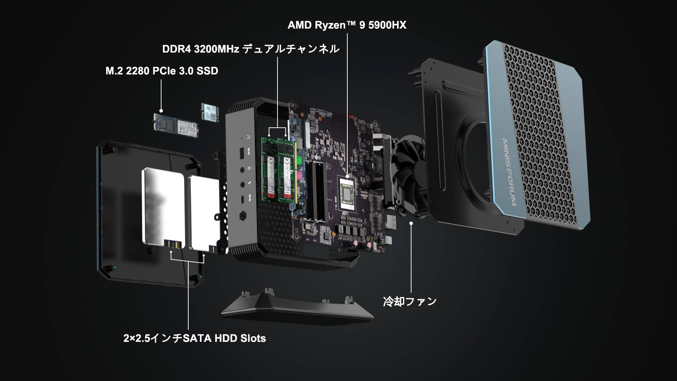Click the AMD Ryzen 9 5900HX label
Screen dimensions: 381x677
(347, 25)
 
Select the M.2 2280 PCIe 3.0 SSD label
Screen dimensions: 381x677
(162, 71)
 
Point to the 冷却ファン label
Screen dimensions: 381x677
(410, 302)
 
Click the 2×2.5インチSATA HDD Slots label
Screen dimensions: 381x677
(195, 338)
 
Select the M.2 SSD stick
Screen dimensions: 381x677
(176, 125)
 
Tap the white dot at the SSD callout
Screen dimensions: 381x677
(161, 111)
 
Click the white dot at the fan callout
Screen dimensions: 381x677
(411, 223)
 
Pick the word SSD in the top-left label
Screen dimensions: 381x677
(207, 71)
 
